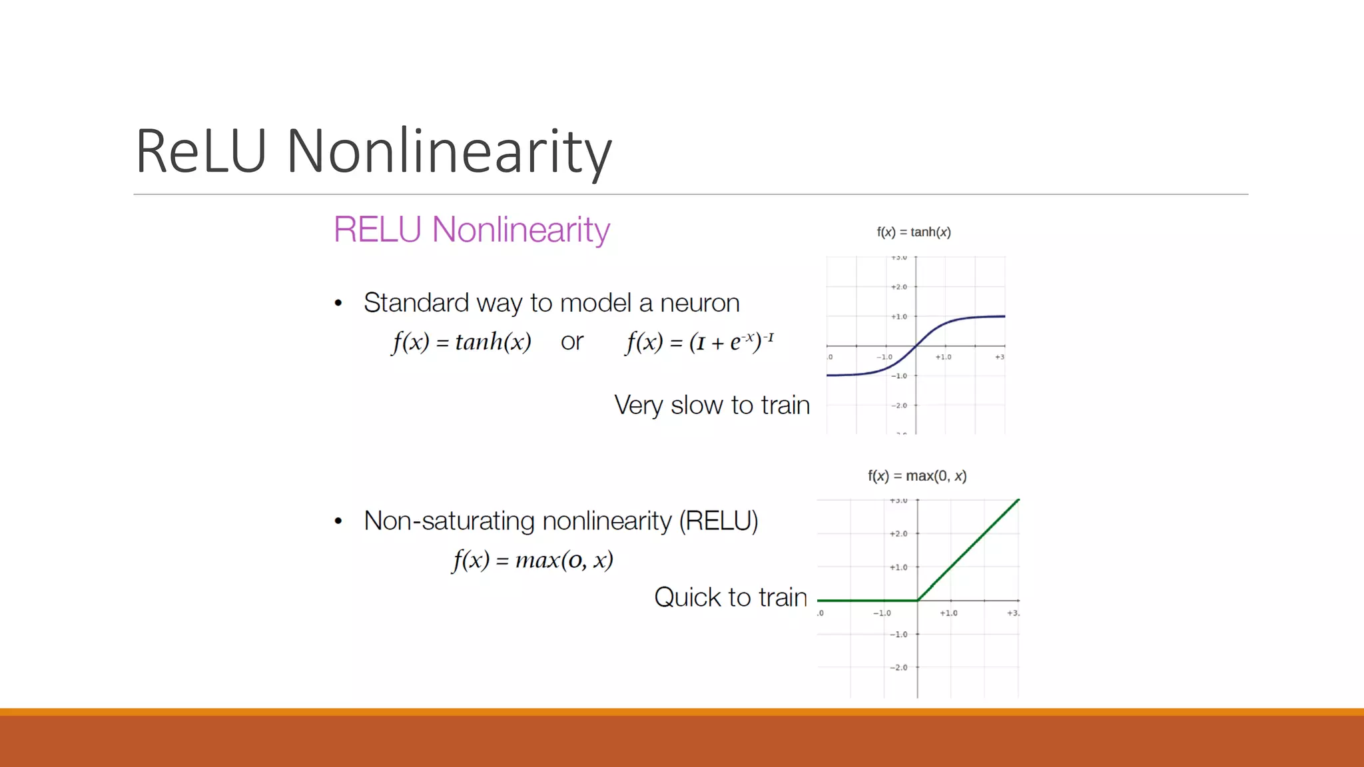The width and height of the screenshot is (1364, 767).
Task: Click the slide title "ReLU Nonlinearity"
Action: pyautogui.click(x=373, y=152)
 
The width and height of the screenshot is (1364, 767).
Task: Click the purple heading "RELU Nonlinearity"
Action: pyautogui.click(x=471, y=230)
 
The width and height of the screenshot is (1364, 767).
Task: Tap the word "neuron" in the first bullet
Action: pyautogui.click(x=699, y=303)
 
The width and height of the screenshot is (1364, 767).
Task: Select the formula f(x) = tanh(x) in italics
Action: pyautogui.click(x=462, y=342)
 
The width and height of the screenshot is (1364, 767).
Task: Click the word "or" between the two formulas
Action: pyautogui.click(x=571, y=342)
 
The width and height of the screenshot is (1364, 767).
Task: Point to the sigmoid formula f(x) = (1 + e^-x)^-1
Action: pyautogui.click(x=699, y=342)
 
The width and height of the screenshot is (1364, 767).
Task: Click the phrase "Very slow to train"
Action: pyautogui.click(x=711, y=405)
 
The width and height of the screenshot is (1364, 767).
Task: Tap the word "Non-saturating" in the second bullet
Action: pyautogui.click(x=450, y=521)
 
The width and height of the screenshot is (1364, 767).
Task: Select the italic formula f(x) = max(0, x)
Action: pyautogui.click(x=532, y=560)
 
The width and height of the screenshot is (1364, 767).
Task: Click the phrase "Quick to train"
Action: pyautogui.click(x=730, y=597)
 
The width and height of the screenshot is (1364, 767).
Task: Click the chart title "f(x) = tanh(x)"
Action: pyautogui.click(x=913, y=232)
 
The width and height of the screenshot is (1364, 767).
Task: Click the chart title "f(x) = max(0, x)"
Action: pyautogui.click(x=916, y=476)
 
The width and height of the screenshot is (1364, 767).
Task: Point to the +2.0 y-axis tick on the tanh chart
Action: pyautogui.click(x=899, y=287)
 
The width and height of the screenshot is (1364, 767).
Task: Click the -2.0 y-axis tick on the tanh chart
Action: pyautogui.click(x=899, y=405)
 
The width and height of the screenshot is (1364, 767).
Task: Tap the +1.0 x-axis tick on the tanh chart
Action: pyautogui.click(x=943, y=358)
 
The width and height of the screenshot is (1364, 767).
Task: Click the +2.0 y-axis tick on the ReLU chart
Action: pyautogui.click(x=898, y=534)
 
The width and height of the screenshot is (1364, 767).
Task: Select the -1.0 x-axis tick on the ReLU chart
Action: pyautogui.click(x=882, y=613)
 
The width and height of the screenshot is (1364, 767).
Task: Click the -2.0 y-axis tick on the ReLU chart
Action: pyautogui.click(x=898, y=667)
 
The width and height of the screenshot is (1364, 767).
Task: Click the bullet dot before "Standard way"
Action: pyautogui.click(x=338, y=304)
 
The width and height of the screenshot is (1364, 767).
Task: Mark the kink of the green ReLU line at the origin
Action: pyautogui.click(x=917, y=601)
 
